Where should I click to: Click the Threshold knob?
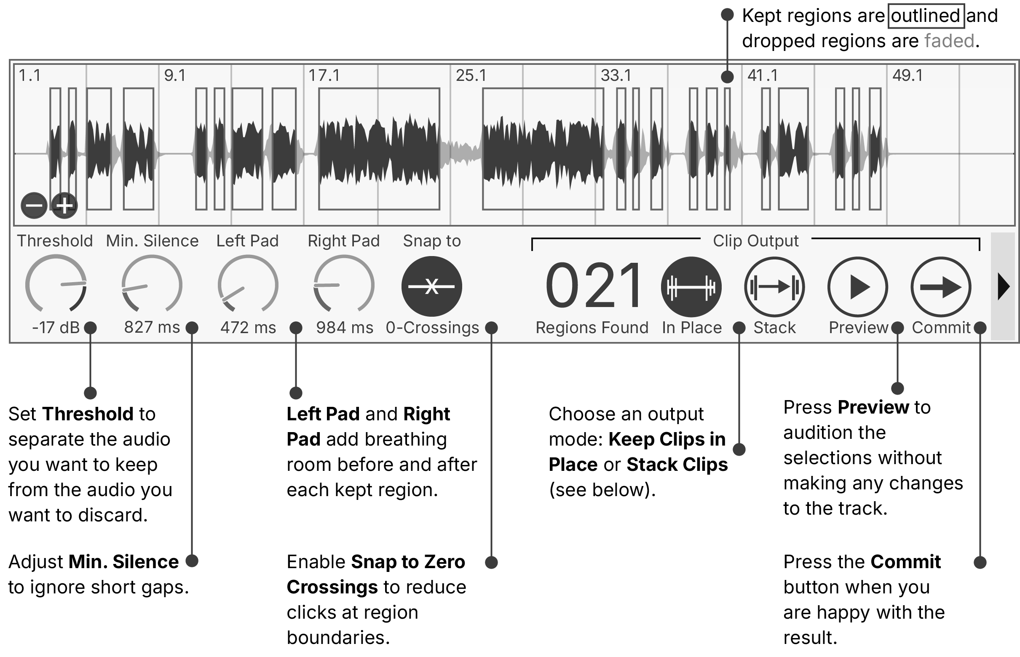56,285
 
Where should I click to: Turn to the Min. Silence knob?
152,285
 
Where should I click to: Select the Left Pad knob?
248,285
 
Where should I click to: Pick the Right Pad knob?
344,285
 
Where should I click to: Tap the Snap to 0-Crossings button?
431,286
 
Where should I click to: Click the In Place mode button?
691,287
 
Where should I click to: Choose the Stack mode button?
774,287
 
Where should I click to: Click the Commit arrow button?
941,287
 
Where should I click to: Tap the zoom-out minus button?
34,206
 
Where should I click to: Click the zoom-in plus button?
64,206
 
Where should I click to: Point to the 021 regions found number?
593,286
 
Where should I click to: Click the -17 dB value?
56,328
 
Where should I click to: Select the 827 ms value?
152,328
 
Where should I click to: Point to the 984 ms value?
344,328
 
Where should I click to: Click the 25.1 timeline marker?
471,75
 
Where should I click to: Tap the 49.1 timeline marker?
908,75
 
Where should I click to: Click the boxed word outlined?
925,16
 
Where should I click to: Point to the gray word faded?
949,41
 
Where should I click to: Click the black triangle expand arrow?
1003,287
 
